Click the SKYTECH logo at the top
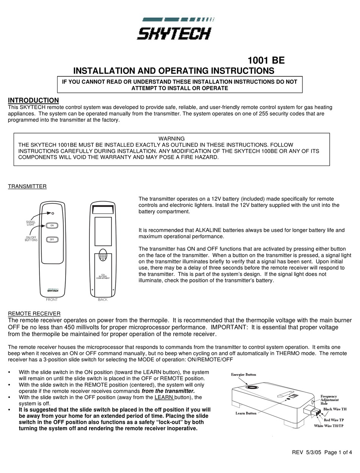174,30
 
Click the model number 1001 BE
266,61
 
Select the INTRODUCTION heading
33,100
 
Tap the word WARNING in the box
171,139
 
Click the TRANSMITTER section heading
27,186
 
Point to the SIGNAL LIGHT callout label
31,223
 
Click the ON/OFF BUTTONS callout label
31,239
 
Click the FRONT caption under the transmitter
52,300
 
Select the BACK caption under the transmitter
103,300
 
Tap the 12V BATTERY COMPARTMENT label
103,277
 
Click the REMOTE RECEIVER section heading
34,313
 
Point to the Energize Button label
244,374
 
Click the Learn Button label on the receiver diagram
246,413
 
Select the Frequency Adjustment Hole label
329,400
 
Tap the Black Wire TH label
335,409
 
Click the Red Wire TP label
333,420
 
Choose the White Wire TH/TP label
329,426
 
